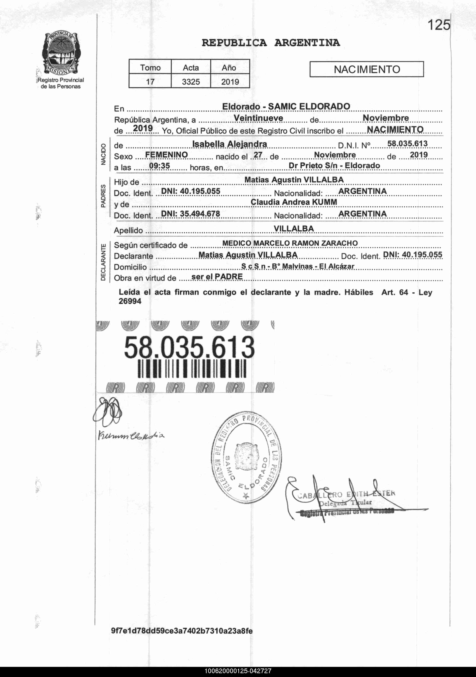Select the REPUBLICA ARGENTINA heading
click(x=271, y=43)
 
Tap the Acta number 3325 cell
click(x=191, y=82)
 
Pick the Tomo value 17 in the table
click(x=150, y=82)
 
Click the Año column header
click(x=229, y=68)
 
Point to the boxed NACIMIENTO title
click(x=367, y=69)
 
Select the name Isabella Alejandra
click(x=229, y=144)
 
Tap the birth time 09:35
click(x=159, y=166)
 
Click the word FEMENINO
click(x=166, y=155)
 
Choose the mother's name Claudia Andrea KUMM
click(x=294, y=202)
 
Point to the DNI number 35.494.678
click(x=191, y=214)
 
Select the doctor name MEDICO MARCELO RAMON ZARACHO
click(x=290, y=243)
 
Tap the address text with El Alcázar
click(x=298, y=266)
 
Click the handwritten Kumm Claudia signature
click(x=131, y=436)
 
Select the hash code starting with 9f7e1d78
click(x=182, y=631)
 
